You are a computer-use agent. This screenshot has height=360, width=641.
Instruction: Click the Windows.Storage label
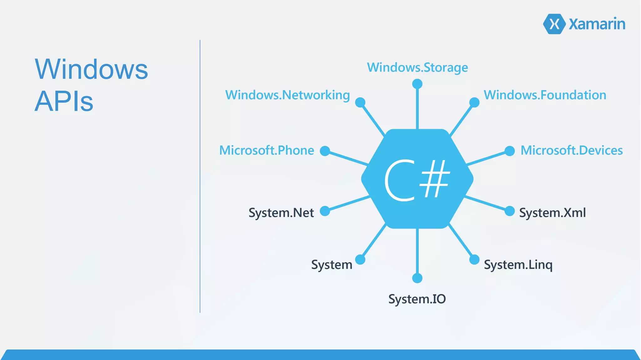pos(417,68)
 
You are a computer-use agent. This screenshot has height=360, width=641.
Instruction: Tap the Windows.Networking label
pos(287,95)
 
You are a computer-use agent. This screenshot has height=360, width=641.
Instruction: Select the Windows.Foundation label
pos(545,95)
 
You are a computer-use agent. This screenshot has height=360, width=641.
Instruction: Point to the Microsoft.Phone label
pos(266,150)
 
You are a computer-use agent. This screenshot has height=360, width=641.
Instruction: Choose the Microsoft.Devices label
pos(572,150)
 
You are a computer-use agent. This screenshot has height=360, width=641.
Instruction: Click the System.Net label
pos(281,213)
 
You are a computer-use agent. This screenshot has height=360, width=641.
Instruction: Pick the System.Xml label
pos(552,213)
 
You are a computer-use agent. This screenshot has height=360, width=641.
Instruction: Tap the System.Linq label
pos(518,265)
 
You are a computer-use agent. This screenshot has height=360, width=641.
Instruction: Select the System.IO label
pos(417,299)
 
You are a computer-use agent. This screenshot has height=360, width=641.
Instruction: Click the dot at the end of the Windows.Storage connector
pos(417,84)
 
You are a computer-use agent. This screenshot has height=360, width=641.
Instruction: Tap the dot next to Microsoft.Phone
pos(325,151)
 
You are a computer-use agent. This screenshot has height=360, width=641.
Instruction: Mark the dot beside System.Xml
pos(510,211)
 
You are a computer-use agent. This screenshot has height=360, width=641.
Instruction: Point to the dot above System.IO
pos(417,278)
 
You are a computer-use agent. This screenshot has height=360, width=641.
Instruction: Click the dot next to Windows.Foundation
pos(474,102)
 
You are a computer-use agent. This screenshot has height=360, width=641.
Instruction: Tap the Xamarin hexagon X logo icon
pos(554,24)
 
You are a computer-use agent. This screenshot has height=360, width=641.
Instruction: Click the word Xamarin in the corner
pos(597,24)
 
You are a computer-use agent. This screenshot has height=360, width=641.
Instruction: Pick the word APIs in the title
pos(64,101)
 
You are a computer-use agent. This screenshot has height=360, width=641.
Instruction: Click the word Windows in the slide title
pos(91,69)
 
